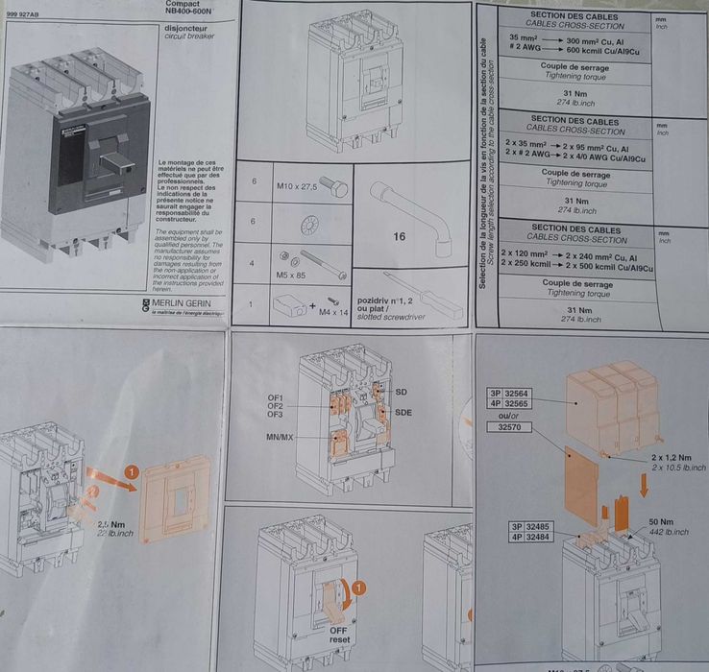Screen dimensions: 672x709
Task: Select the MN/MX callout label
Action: click(281, 438)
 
